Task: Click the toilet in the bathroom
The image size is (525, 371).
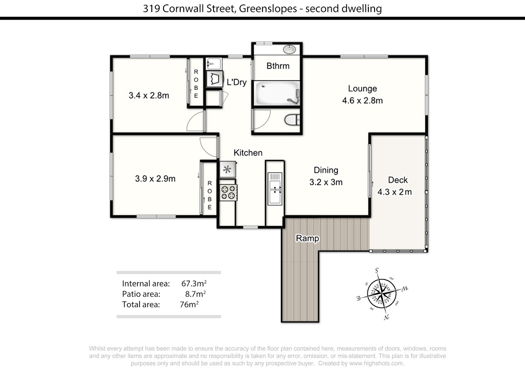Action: [292, 120]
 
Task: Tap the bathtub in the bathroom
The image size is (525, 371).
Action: [277, 94]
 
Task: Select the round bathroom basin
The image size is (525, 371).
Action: [290, 49]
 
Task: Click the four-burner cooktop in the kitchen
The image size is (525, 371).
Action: [228, 192]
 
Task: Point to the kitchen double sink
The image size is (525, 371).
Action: [275, 189]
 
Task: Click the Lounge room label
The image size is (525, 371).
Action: [362, 88]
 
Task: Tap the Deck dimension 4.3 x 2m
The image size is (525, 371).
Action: [395, 192]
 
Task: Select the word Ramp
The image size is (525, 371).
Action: [307, 238]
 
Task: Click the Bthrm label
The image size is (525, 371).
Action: [278, 66]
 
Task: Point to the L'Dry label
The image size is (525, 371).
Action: [237, 82]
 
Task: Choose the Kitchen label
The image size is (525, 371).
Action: [248, 153]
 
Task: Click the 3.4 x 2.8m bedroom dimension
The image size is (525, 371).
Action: [149, 95]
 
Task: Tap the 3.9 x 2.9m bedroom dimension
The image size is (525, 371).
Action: [155, 178]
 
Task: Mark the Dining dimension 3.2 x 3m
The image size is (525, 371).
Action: [326, 182]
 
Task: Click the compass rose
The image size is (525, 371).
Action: [382, 294]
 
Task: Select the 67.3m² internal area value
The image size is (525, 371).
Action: [194, 283]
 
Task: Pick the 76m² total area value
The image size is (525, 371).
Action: [189, 304]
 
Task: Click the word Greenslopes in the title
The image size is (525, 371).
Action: [268, 9]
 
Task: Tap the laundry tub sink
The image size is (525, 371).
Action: [213, 63]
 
